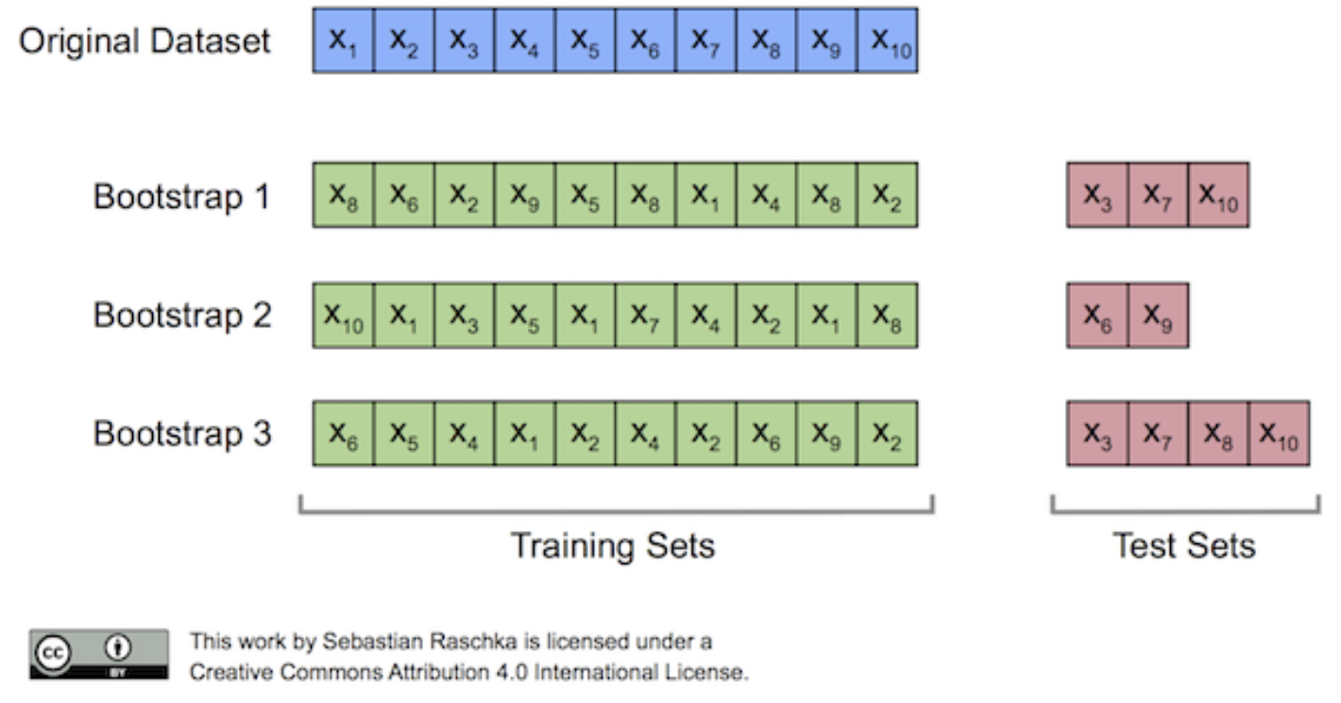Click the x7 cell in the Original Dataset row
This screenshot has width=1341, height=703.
[705, 41]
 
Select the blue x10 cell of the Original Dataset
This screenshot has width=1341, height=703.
[888, 41]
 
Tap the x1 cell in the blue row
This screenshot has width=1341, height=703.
[343, 41]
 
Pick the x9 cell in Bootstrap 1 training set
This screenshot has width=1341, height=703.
[524, 195]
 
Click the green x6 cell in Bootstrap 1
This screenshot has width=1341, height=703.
[403, 195]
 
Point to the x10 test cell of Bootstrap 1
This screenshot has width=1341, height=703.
[1218, 195]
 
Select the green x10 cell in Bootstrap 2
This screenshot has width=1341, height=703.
[343, 315]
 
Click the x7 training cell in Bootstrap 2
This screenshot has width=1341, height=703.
[645, 315]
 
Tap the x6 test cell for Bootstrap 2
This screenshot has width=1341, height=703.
[1097, 315]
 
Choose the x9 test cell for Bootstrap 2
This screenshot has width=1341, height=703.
[1158, 315]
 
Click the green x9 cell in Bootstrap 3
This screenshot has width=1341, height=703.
[827, 434]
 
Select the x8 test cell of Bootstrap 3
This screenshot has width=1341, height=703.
[1218, 434]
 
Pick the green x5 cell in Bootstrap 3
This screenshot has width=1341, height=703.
[403, 434]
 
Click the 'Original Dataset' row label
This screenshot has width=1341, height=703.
[144, 42]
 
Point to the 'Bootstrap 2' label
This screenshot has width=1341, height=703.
[181, 316]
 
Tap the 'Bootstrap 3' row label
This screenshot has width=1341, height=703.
[181, 435]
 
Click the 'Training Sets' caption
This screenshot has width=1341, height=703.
[612, 546]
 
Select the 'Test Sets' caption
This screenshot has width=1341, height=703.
[1184, 546]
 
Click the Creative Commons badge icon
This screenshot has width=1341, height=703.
[99, 654]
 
